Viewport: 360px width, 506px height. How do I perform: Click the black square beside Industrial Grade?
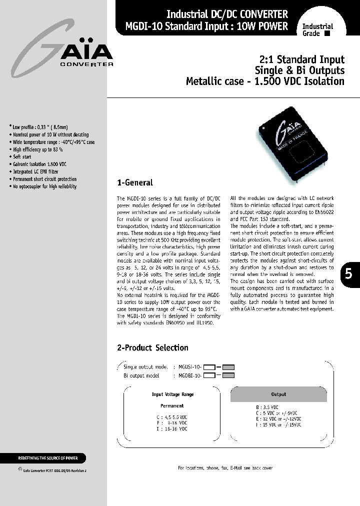(327, 34)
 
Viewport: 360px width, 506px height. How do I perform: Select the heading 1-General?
(134, 182)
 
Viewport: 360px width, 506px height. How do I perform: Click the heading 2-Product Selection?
(152, 347)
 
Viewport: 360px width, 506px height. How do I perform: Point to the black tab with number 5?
(348, 274)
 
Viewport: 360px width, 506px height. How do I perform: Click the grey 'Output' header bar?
(278, 394)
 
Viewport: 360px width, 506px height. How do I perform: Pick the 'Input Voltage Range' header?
(172, 394)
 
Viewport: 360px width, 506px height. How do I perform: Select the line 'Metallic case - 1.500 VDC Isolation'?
(265, 81)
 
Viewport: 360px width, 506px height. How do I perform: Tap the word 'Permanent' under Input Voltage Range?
(172, 406)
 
